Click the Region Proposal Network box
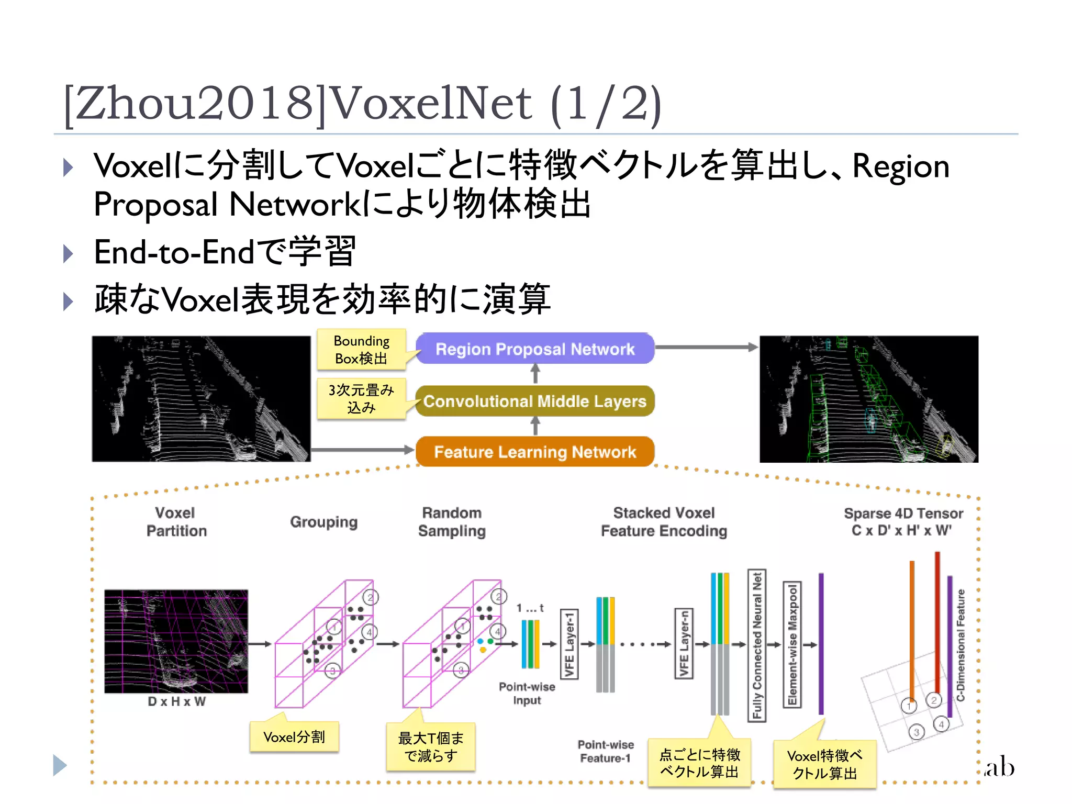point(535,349)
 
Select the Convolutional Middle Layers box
point(535,401)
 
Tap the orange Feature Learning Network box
point(535,452)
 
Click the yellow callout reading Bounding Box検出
point(361,350)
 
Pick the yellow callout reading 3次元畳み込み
point(361,398)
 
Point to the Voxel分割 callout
point(294,737)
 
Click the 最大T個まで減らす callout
point(431,747)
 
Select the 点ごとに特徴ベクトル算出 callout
point(699,763)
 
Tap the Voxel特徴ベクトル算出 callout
point(824,764)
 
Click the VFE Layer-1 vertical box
point(569,644)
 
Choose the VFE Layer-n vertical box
point(684,644)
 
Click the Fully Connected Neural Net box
point(757,645)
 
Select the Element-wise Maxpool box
point(792,645)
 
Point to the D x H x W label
point(176,702)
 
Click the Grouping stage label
point(324,522)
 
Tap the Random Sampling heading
point(452,522)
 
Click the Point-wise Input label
point(527,694)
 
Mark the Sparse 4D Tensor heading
point(903,522)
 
